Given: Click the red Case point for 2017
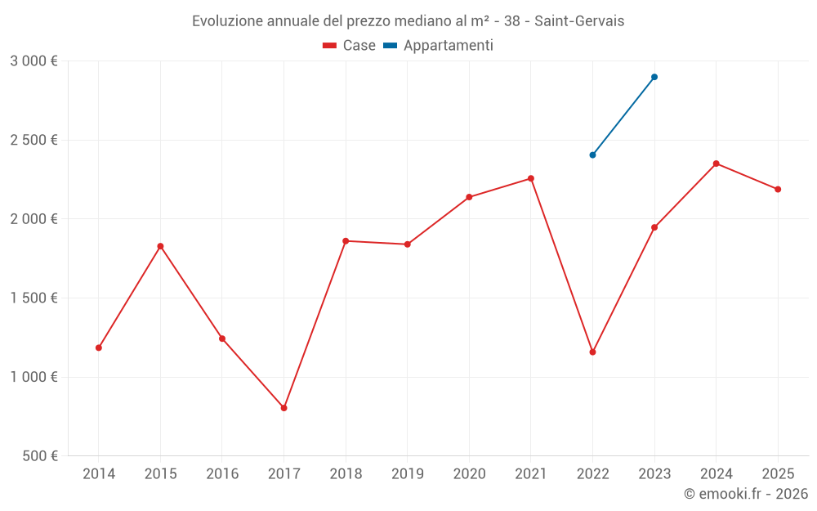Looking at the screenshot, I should click(x=283, y=408).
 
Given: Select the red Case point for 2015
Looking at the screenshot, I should click(x=160, y=246).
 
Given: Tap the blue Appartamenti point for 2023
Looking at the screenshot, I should click(x=654, y=77).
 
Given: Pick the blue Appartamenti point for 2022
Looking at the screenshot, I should click(x=592, y=155).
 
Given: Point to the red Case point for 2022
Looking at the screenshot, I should click(x=592, y=352).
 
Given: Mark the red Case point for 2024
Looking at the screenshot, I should click(x=717, y=164).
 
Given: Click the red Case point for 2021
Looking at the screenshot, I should click(x=531, y=178).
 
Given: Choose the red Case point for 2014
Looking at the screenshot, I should click(x=99, y=347).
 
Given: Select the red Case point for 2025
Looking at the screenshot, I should click(x=778, y=189).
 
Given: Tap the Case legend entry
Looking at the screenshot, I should click(x=350, y=46).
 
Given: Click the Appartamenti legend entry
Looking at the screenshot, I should click(x=439, y=46).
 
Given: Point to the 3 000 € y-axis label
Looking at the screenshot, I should click(x=33, y=61).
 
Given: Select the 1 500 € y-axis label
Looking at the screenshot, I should click(x=33, y=298).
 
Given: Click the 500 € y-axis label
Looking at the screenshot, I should click(x=39, y=456).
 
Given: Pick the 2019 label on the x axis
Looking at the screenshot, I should click(x=408, y=473).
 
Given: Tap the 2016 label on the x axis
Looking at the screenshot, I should click(x=222, y=473).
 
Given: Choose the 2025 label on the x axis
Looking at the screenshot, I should click(x=778, y=473).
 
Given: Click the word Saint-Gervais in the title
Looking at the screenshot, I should click(x=579, y=21).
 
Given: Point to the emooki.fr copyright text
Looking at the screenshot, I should click(x=745, y=494).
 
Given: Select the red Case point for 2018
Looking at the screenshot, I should click(x=346, y=241).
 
